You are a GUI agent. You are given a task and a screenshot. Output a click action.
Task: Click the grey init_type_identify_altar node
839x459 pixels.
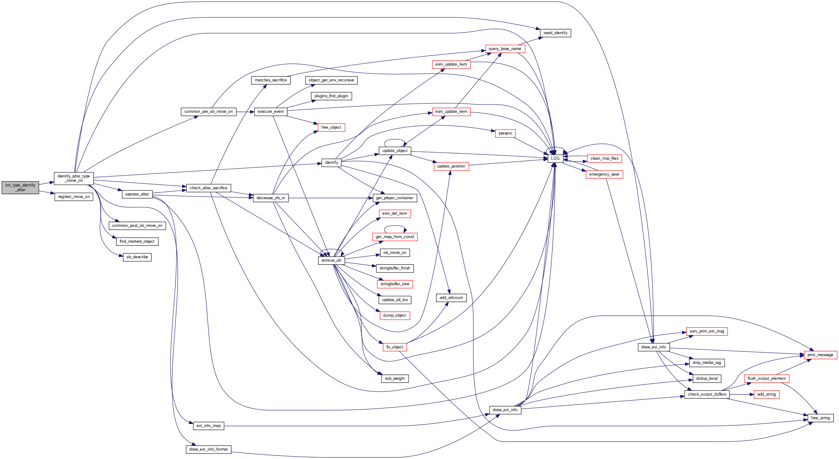(x=20, y=187)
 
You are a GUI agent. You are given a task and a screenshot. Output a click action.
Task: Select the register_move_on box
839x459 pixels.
(x=74, y=197)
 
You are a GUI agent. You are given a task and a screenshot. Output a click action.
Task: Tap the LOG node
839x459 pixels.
(x=555, y=158)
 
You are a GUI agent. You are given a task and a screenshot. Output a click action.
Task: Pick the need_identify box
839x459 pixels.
(x=555, y=33)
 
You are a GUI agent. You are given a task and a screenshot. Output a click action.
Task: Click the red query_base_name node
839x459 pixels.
(x=505, y=49)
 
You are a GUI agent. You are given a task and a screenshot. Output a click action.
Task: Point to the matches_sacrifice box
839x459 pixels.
(x=271, y=80)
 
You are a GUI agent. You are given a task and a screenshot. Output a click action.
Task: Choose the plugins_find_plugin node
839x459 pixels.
(x=331, y=96)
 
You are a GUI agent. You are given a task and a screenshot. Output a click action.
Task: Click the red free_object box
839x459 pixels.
(x=331, y=127)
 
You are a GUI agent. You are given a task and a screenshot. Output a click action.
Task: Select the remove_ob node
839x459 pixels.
(x=331, y=260)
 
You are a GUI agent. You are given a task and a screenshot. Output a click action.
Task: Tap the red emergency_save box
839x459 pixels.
(x=604, y=174)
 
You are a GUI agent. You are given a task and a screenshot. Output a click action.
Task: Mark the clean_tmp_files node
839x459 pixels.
(x=604, y=158)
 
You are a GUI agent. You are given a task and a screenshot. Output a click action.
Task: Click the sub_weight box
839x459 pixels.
(x=395, y=379)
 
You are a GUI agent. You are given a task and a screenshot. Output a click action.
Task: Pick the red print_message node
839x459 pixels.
(x=820, y=355)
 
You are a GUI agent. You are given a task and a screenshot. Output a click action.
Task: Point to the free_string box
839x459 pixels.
(x=820, y=418)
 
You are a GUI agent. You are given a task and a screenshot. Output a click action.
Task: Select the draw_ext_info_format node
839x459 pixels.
(x=209, y=450)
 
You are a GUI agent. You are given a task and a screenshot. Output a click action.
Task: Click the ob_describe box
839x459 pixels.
(x=137, y=257)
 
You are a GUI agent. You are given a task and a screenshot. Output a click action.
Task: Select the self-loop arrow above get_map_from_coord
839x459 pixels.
(x=395, y=226)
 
